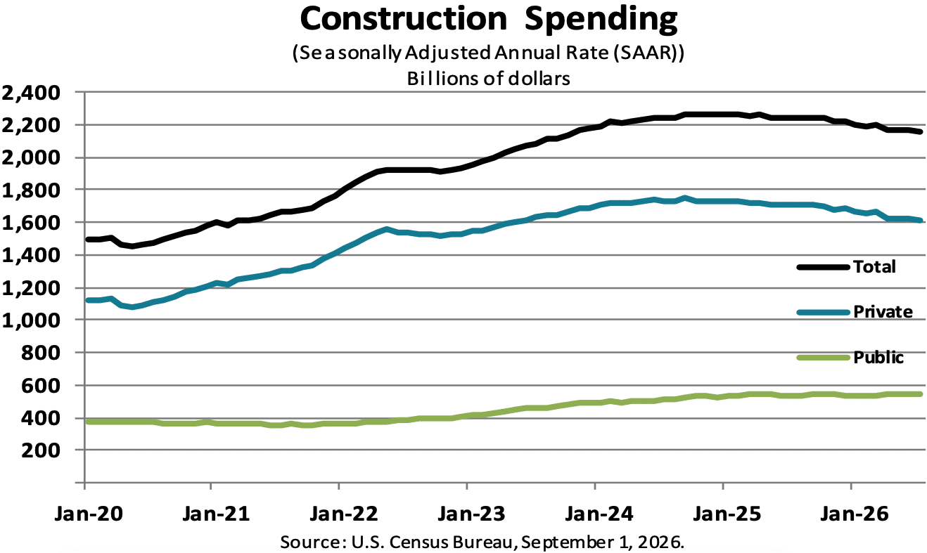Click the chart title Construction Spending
click(488, 19)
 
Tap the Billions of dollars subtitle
click(488, 79)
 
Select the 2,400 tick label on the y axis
click(32, 93)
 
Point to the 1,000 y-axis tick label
click(32, 320)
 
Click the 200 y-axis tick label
click(41, 450)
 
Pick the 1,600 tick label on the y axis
click(32, 223)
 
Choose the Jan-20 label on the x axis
click(89, 514)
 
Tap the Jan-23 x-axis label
click(472, 514)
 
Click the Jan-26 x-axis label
click(855, 514)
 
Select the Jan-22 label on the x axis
click(345, 514)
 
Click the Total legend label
click(874, 267)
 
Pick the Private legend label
click(883, 312)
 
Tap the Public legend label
click(878, 358)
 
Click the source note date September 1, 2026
click(600, 542)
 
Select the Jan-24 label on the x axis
click(599, 514)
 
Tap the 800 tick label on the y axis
click(41, 353)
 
